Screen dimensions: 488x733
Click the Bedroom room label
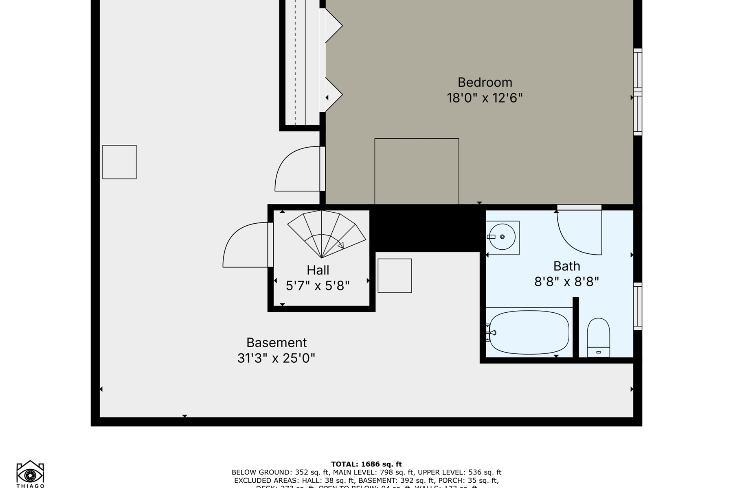pos(485,83)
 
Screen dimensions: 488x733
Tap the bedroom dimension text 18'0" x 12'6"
pos(485,98)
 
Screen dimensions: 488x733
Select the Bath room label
pos(566,266)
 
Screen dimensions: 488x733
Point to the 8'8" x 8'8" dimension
pos(566,282)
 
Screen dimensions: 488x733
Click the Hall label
pos(318,270)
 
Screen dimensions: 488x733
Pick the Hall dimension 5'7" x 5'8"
pos(318,286)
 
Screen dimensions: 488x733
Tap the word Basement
pos(277,343)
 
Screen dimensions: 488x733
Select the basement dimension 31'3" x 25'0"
pos(277,358)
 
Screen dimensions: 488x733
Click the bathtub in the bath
pos(529,332)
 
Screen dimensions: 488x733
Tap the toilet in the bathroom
pos(598,338)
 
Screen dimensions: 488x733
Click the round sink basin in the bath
pos(502,237)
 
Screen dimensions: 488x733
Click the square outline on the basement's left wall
pos(119,162)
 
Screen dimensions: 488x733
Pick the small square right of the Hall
pos(395,276)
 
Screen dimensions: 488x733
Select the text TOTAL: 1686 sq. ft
pos(366,464)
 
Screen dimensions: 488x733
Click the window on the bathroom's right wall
pos(638,306)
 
